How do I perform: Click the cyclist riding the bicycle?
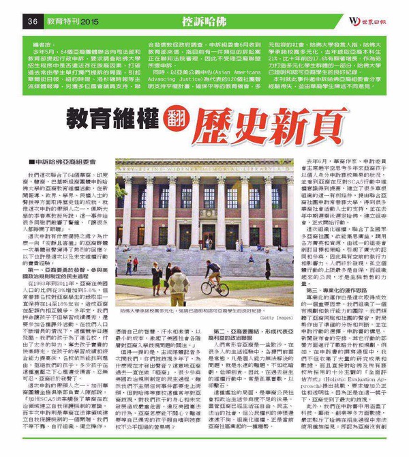(x=213, y=272)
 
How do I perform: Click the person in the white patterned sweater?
(x=179, y=286)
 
